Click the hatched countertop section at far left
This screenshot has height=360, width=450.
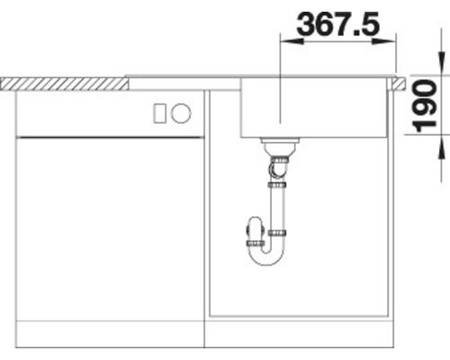click(63, 83)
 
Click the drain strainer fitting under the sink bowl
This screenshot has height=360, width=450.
click(280, 145)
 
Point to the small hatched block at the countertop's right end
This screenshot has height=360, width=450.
click(395, 83)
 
